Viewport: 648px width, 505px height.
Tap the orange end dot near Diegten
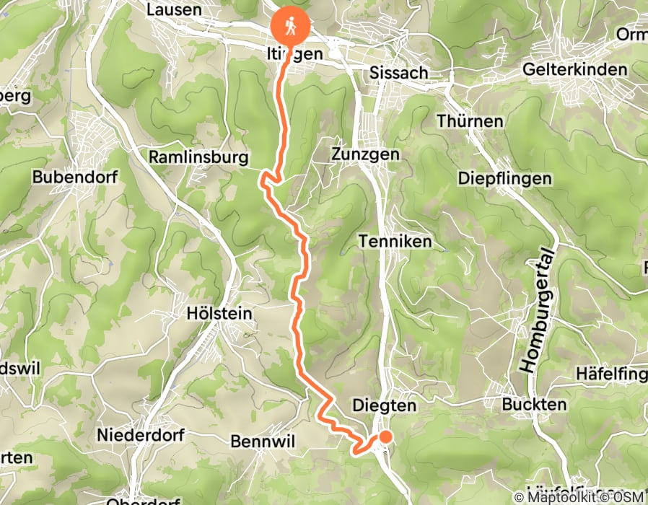pos(385,436)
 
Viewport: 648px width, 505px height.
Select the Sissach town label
pos(398,73)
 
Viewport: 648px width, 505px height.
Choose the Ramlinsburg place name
pos(198,157)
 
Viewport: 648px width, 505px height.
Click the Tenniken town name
pos(395,242)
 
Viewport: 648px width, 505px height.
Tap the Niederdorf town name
pos(141,435)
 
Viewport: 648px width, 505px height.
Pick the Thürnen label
pos(470,120)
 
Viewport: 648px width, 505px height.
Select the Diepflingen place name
pos(504,178)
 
